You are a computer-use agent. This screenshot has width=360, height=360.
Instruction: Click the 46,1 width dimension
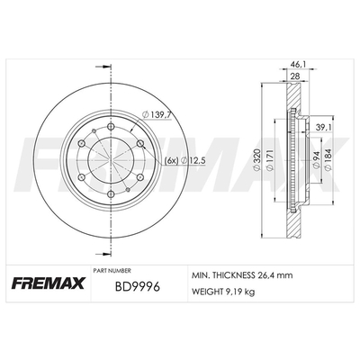click(296, 64)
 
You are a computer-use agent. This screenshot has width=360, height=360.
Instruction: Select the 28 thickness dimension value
click(295, 76)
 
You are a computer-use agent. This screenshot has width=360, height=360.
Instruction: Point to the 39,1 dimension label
click(324, 128)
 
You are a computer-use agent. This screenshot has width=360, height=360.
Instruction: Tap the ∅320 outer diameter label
click(256, 160)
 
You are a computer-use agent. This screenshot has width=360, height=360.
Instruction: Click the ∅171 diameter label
click(270, 160)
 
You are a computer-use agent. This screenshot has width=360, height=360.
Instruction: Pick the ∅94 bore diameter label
click(315, 160)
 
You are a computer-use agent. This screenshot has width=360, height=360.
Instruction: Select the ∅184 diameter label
click(328, 160)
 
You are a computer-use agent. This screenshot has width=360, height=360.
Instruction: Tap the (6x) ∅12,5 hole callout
click(185, 161)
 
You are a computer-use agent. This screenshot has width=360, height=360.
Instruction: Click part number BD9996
click(138, 287)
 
